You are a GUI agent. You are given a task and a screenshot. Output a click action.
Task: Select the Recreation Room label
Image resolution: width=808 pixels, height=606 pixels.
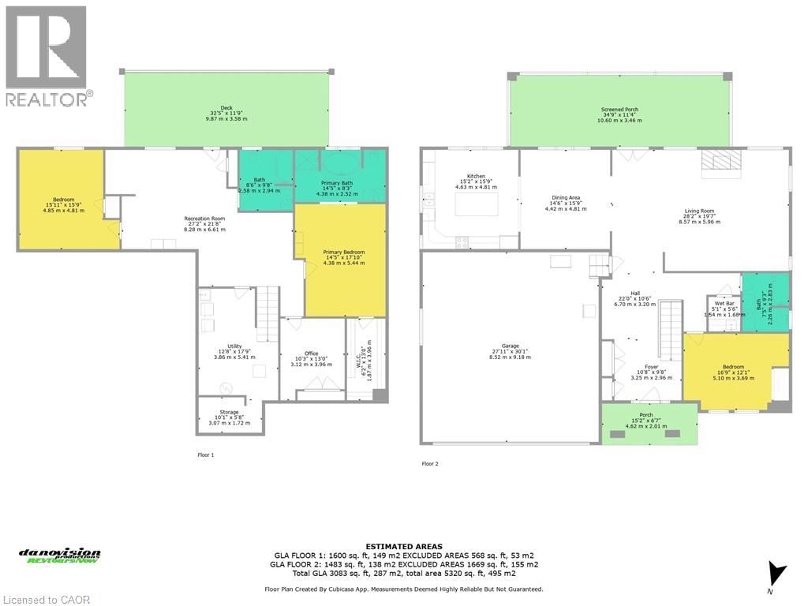coord(204,218)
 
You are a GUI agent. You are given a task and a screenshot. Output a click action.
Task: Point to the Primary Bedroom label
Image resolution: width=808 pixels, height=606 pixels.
coord(343,252)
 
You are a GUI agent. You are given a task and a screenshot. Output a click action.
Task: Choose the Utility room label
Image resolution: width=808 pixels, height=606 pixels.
coord(234,346)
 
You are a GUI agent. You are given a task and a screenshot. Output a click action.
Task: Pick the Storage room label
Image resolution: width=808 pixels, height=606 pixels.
coord(229,413)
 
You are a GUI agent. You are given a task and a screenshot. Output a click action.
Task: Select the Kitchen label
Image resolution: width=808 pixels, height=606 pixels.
coord(475,176)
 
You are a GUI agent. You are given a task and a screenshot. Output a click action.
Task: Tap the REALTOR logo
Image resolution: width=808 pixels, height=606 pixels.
coord(47,56)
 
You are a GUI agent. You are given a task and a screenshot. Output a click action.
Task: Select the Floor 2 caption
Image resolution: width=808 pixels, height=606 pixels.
coord(430,464)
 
